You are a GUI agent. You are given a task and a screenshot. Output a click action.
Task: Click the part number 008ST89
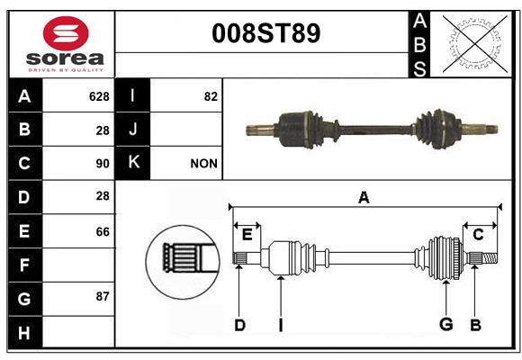[x=266, y=33]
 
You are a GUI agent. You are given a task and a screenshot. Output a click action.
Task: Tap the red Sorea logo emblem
[x=66, y=33]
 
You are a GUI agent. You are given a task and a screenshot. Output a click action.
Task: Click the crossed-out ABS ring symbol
[x=475, y=43]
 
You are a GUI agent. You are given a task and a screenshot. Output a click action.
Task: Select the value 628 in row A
[x=99, y=96]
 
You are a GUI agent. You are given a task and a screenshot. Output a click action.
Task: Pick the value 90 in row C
[x=103, y=164]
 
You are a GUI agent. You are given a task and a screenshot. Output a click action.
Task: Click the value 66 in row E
[x=103, y=231]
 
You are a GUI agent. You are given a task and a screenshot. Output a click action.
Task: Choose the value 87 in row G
[x=103, y=296]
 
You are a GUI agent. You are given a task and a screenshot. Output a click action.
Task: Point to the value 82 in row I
[x=211, y=96]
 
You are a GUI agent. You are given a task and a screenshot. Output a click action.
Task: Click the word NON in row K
[x=203, y=164]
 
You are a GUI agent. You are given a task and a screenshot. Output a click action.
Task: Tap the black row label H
[x=25, y=332]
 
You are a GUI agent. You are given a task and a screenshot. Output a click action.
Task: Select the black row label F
[x=25, y=265]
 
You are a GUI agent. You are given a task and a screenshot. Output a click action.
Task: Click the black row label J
[x=132, y=130]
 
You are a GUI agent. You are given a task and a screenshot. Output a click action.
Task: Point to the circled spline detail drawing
[x=183, y=262]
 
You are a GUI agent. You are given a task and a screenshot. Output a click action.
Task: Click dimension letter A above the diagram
[x=364, y=198]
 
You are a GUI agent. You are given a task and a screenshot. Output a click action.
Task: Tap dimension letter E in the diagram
[x=247, y=235]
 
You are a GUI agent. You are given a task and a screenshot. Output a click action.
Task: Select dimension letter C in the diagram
[x=478, y=235]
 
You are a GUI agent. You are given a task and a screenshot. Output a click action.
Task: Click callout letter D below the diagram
[x=239, y=325]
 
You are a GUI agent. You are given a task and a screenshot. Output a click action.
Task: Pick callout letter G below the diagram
[x=446, y=324]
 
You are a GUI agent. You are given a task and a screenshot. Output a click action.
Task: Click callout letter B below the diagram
[x=475, y=325]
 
